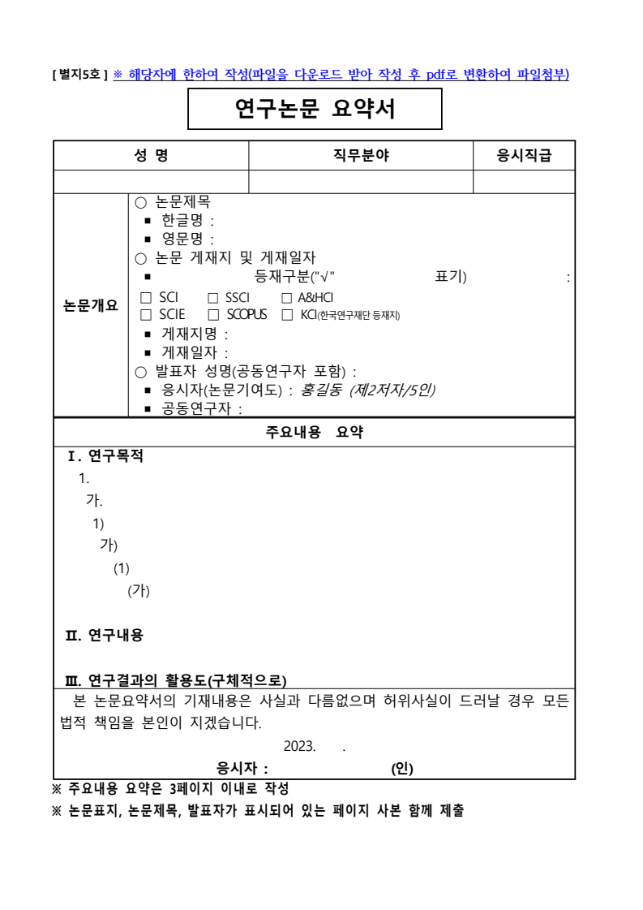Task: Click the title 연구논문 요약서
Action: (x=315, y=109)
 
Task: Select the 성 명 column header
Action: (x=151, y=157)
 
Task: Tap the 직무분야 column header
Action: (x=361, y=157)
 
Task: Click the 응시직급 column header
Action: (x=524, y=157)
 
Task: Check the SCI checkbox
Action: (x=145, y=298)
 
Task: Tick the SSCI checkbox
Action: (x=212, y=298)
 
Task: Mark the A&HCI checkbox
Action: (x=286, y=298)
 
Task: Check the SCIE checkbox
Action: (x=145, y=315)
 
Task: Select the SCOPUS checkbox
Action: (x=212, y=315)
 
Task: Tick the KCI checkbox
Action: (x=286, y=315)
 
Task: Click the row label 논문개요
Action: (x=91, y=306)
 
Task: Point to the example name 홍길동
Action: (x=319, y=390)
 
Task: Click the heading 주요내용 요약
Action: (x=315, y=433)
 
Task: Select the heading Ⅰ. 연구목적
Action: (x=105, y=456)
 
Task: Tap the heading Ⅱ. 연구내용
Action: (x=105, y=636)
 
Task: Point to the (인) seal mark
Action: (x=401, y=768)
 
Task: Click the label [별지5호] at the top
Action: (x=80, y=75)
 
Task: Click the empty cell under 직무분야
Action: (x=361, y=182)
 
